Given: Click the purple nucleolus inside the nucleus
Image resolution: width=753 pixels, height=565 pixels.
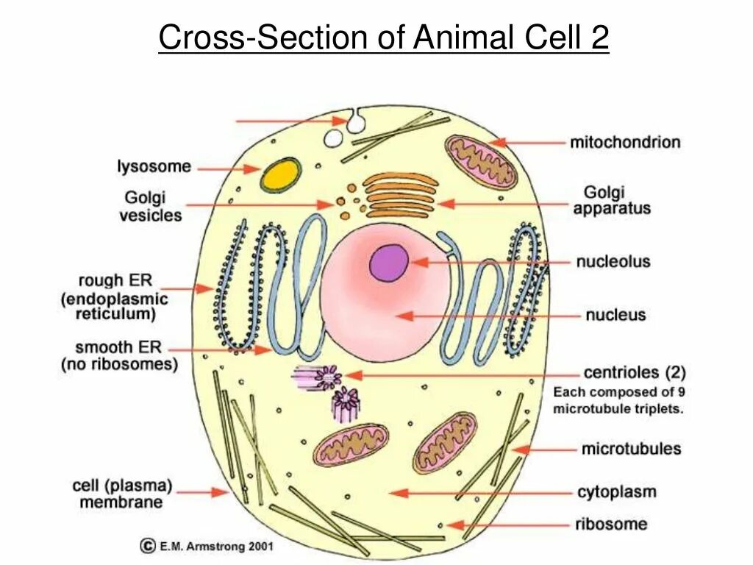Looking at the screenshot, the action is (389, 263).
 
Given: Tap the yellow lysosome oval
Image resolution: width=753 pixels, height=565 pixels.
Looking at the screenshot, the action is (281, 173).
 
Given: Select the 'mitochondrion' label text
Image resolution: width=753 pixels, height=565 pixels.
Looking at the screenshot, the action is (625, 142).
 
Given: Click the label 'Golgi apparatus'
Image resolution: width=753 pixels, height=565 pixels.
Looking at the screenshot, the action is (612, 200).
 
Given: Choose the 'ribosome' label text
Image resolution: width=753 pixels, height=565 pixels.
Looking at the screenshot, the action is (611, 524).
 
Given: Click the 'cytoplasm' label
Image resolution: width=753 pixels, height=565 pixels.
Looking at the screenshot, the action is (615, 491).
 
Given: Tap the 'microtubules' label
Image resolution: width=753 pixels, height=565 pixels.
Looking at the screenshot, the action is (631, 448).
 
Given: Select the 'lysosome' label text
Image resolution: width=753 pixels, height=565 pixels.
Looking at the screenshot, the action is (154, 167).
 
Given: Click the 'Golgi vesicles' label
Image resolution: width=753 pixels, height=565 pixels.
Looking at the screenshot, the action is (152, 206).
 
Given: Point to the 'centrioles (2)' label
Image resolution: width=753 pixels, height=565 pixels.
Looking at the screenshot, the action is (634, 372).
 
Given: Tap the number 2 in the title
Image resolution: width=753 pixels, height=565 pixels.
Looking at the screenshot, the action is (599, 38).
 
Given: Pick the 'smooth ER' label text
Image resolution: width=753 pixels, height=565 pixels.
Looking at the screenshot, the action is (114, 347).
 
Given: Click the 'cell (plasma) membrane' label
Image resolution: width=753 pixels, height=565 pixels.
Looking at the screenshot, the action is (121, 494).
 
